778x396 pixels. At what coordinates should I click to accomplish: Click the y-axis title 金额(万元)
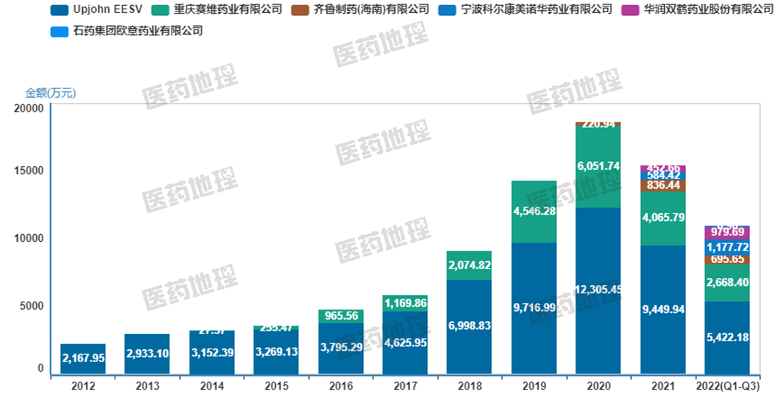pyautogui.click(x=50, y=93)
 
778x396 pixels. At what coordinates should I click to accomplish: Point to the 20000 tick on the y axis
pyautogui.click(x=28, y=108)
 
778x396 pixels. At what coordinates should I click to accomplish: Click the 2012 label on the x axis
pyautogui.click(x=83, y=387)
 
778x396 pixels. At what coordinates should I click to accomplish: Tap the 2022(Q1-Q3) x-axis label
pyautogui.click(x=728, y=387)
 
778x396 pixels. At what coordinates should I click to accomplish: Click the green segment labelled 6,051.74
pyautogui.click(x=598, y=166)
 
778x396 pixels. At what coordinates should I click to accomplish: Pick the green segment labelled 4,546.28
pyautogui.click(x=534, y=212)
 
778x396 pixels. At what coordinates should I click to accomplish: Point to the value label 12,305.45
pyautogui.click(x=598, y=290)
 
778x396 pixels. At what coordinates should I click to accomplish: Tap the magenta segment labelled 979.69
pyautogui.click(x=727, y=233)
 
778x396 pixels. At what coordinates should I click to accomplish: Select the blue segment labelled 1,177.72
pyautogui.click(x=727, y=247)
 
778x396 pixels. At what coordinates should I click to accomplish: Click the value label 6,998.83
pyautogui.click(x=469, y=326)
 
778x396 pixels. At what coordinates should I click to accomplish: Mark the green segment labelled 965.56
pyautogui.click(x=340, y=316)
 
